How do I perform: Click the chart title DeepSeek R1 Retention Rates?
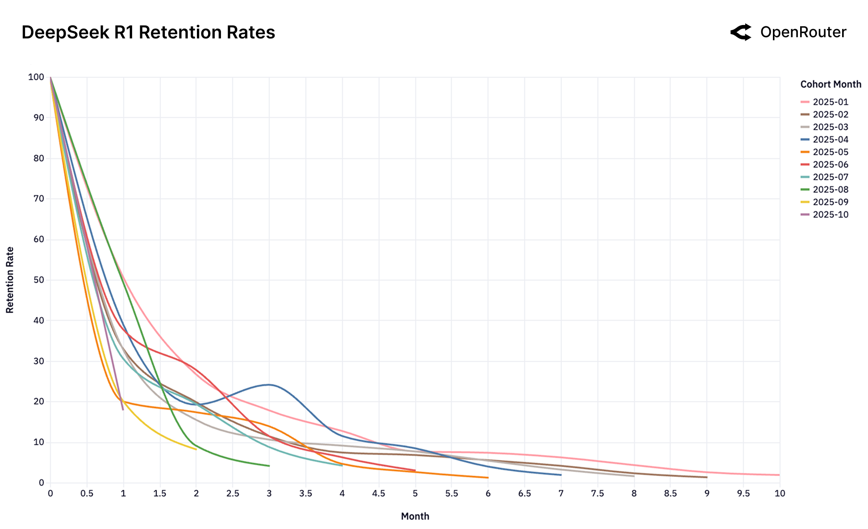[x=148, y=33]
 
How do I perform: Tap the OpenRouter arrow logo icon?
[x=741, y=32]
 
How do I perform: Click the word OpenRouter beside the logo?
[x=803, y=32]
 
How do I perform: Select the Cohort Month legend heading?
[x=830, y=84]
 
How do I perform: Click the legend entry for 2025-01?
[x=830, y=102]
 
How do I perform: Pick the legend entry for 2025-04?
[x=830, y=140]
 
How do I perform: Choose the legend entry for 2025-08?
[x=830, y=190]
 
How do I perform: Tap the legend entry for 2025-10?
[x=830, y=215]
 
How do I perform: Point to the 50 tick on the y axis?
[x=39, y=280]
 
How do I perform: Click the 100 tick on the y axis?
[x=37, y=77]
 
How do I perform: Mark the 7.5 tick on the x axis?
[x=597, y=494]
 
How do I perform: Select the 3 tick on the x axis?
[x=269, y=494]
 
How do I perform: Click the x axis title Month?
[x=415, y=516]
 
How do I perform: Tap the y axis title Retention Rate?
[x=10, y=280]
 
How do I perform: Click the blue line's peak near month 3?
[x=269, y=385]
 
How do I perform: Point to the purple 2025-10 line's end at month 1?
[x=123, y=409]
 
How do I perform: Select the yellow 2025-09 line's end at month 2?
[x=196, y=449]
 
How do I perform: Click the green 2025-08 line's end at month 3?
[x=269, y=466]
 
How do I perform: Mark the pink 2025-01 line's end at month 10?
[x=779, y=475]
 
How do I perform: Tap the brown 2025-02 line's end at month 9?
[x=706, y=477]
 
